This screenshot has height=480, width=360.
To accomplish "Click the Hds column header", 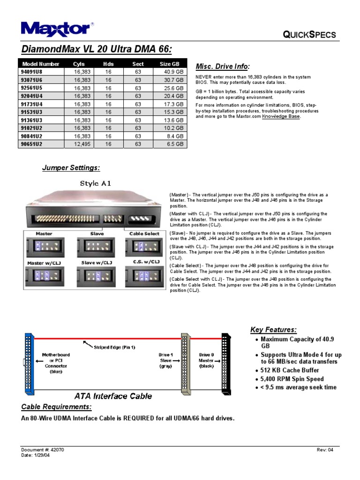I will (108, 64).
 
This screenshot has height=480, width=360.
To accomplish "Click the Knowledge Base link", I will (281, 116).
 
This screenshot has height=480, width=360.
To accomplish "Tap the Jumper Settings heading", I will (71, 168).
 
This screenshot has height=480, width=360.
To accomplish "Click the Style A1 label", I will (96, 183).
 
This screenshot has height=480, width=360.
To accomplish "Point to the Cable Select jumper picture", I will (142, 247).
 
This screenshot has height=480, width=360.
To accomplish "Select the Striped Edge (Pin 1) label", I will (114, 347).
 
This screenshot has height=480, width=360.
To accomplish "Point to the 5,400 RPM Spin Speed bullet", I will (292, 379).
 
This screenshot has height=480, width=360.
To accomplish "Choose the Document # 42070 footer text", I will (43, 450).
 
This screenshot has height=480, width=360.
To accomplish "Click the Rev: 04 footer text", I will (325, 450).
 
